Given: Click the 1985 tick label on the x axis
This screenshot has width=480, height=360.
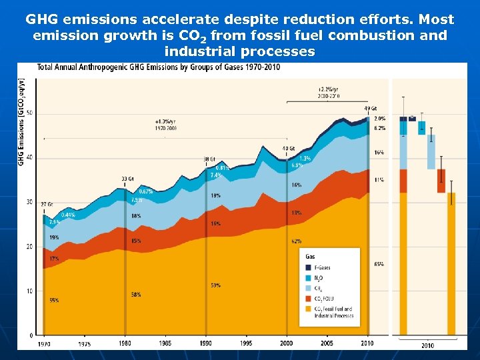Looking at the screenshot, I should click(x=165, y=343).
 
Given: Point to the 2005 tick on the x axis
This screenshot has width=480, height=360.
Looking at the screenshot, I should click(x=327, y=343).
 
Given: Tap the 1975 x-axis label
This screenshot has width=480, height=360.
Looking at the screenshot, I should click(x=85, y=344).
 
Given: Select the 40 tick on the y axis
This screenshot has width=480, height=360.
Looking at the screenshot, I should click(x=29, y=158).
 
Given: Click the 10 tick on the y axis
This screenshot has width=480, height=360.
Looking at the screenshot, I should click(x=29, y=291).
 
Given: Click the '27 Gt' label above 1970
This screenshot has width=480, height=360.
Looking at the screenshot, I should click(x=47, y=205).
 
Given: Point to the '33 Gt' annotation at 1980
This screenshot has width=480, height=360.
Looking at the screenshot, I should click(x=127, y=179).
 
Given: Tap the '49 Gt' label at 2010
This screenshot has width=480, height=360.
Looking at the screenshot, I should click(x=371, y=108).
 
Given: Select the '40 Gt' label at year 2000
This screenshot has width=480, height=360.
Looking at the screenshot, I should click(x=288, y=149).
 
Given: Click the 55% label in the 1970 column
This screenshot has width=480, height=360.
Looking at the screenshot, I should click(x=54, y=301).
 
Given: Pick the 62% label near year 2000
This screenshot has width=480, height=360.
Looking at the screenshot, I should click(x=296, y=241).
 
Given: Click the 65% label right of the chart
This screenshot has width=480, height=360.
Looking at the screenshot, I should click(x=379, y=265).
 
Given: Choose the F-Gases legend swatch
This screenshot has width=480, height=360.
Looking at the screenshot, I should click(x=309, y=268).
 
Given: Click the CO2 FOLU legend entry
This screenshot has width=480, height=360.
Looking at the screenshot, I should click(x=323, y=299).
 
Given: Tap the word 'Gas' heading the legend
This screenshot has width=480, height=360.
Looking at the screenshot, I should click(x=310, y=256).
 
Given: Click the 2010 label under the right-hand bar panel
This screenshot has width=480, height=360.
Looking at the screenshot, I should click(x=427, y=345).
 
